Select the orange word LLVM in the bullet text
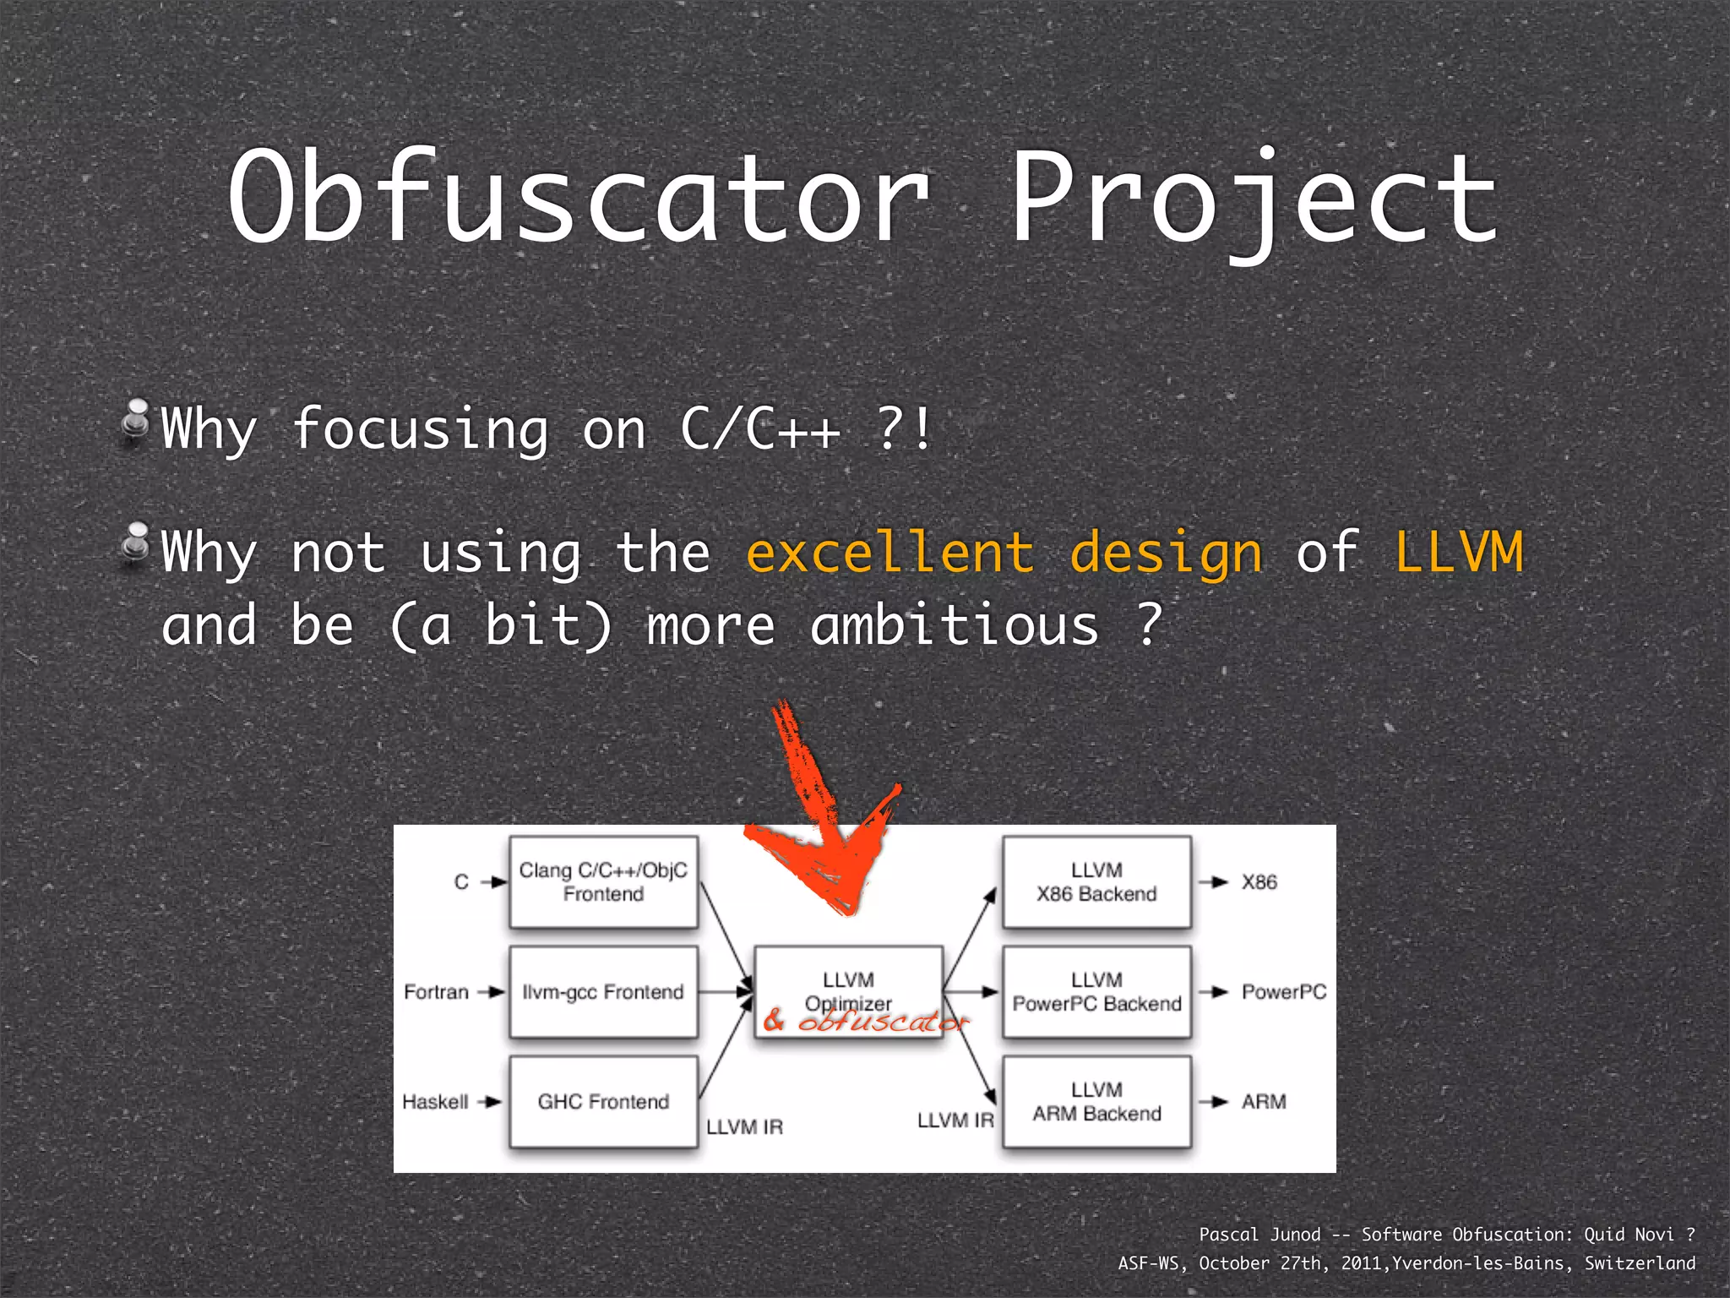pyautogui.click(x=1459, y=553)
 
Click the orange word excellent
pyautogui.click(x=890, y=553)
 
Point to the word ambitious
pyautogui.click(x=955, y=625)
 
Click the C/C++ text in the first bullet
pyautogui.click(x=760, y=428)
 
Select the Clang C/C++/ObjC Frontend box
pyautogui.click(x=603, y=882)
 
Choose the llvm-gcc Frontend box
pyautogui.click(x=603, y=992)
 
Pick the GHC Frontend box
pyautogui.click(x=603, y=1101)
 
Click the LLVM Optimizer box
pyautogui.click(x=848, y=980)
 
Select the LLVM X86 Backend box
pyautogui.click(x=1096, y=882)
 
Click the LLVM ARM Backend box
pyautogui.click(x=1096, y=1101)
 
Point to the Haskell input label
pyautogui.click(x=435, y=1102)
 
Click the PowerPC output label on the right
pyautogui.click(x=1283, y=992)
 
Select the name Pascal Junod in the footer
pyautogui.click(x=1259, y=1235)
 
